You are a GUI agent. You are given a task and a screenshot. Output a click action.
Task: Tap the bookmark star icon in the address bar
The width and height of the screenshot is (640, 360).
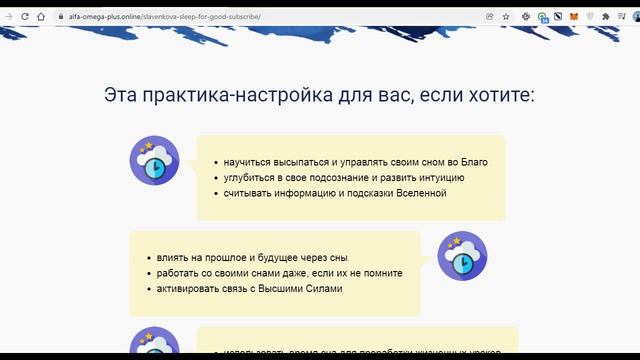pyautogui.click(x=506, y=17)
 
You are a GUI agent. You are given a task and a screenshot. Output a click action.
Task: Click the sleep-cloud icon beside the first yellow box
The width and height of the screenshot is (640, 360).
pyautogui.click(x=154, y=161)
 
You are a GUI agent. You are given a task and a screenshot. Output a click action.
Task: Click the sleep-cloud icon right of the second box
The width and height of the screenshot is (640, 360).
pyautogui.click(x=463, y=256)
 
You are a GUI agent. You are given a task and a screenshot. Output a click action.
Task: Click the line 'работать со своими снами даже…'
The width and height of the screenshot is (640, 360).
pyautogui.click(x=272, y=273)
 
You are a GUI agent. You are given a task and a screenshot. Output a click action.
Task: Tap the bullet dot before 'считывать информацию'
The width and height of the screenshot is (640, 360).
pyautogui.click(x=216, y=193)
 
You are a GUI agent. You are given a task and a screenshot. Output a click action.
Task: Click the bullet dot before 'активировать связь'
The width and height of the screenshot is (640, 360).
pyautogui.click(x=149, y=289)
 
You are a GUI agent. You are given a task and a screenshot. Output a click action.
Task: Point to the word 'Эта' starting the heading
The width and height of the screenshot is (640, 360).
pyautogui.click(x=122, y=96)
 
